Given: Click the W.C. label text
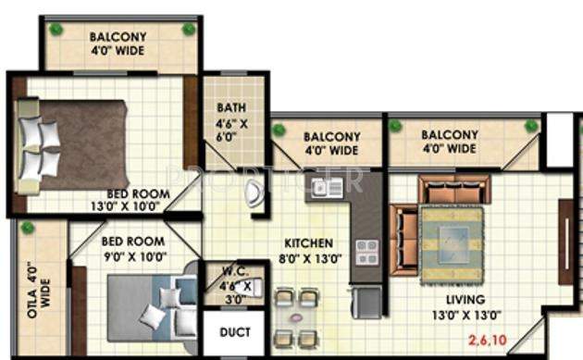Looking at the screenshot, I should (x=231, y=272).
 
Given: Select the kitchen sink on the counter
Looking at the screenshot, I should (x=325, y=188).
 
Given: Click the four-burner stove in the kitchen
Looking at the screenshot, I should (x=366, y=253).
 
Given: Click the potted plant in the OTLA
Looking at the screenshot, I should (x=28, y=228).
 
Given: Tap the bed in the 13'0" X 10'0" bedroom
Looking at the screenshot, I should (x=74, y=145).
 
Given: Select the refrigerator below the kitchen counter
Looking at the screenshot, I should (x=368, y=298).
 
